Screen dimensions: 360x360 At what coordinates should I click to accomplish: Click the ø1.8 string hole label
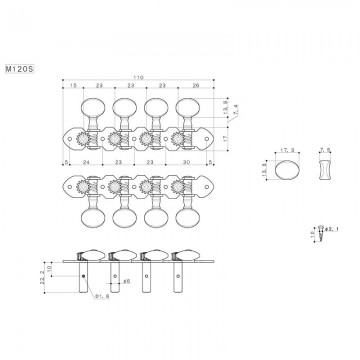100,297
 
